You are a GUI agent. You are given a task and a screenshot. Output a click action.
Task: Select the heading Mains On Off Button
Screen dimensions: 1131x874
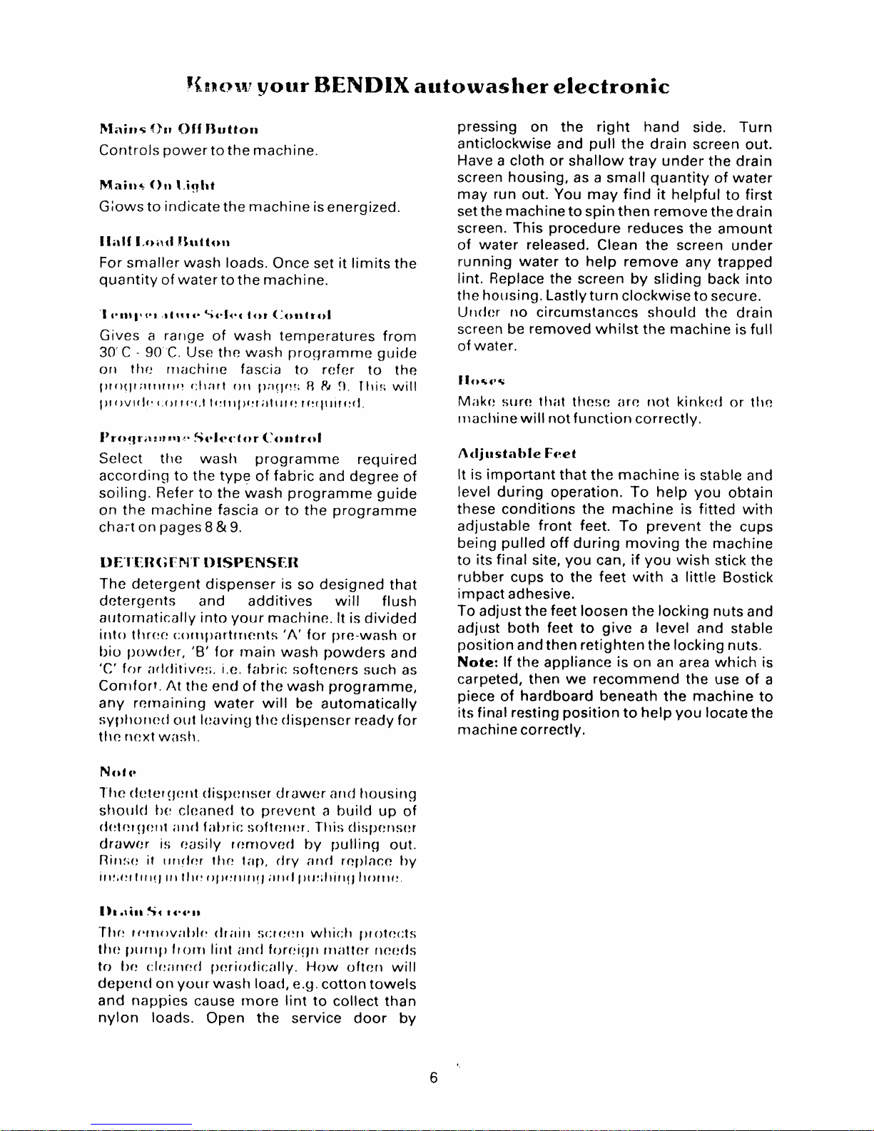click(178, 130)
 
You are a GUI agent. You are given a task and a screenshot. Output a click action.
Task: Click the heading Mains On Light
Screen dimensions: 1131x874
click(147, 186)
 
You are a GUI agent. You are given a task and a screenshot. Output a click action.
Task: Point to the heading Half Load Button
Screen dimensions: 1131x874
click(163, 241)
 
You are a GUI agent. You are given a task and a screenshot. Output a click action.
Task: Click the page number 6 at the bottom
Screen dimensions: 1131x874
click(434, 1078)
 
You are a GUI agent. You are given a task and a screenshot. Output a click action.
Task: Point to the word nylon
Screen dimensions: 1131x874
click(118, 1018)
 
